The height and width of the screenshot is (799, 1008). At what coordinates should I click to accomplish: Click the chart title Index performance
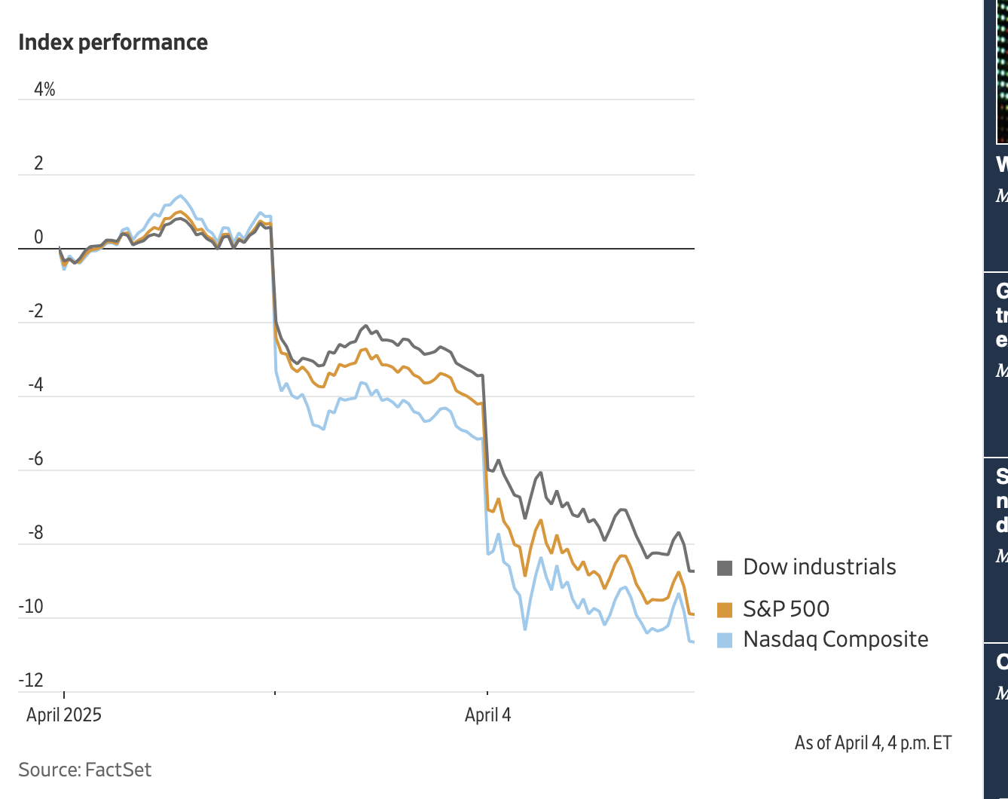coord(113,42)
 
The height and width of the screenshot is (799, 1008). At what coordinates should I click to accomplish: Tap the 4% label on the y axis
coord(44,90)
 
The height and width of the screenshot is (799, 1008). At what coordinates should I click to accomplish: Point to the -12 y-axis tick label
coord(31,681)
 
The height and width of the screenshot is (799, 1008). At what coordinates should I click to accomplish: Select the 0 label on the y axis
coord(38,238)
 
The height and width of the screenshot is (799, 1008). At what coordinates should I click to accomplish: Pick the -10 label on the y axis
coord(31,608)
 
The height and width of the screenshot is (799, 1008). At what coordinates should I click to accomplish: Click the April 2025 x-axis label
coord(64,715)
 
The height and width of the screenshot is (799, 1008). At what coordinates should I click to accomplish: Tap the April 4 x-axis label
coord(487,715)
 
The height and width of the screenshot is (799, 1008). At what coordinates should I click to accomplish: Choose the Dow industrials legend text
coord(819,567)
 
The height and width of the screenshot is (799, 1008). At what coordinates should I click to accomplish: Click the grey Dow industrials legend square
coord(725,568)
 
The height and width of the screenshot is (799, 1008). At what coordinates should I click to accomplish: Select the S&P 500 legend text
coord(786,609)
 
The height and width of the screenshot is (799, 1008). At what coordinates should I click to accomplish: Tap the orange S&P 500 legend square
coord(725,610)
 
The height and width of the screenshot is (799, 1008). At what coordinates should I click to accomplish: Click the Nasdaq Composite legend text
coord(835,639)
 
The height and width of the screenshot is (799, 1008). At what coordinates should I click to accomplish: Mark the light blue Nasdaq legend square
coord(725,640)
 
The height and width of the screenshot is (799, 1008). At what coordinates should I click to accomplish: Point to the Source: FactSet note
coord(85,770)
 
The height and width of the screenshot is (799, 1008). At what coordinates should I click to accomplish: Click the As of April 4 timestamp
coord(872,742)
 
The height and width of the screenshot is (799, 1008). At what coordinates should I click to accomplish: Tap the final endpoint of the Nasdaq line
coord(693,641)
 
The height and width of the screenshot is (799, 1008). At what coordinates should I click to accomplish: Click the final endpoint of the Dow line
coord(693,571)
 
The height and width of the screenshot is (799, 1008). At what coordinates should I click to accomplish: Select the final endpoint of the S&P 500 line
coord(693,615)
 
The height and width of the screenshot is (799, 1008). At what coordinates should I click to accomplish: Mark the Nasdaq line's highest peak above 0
coord(179,196)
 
